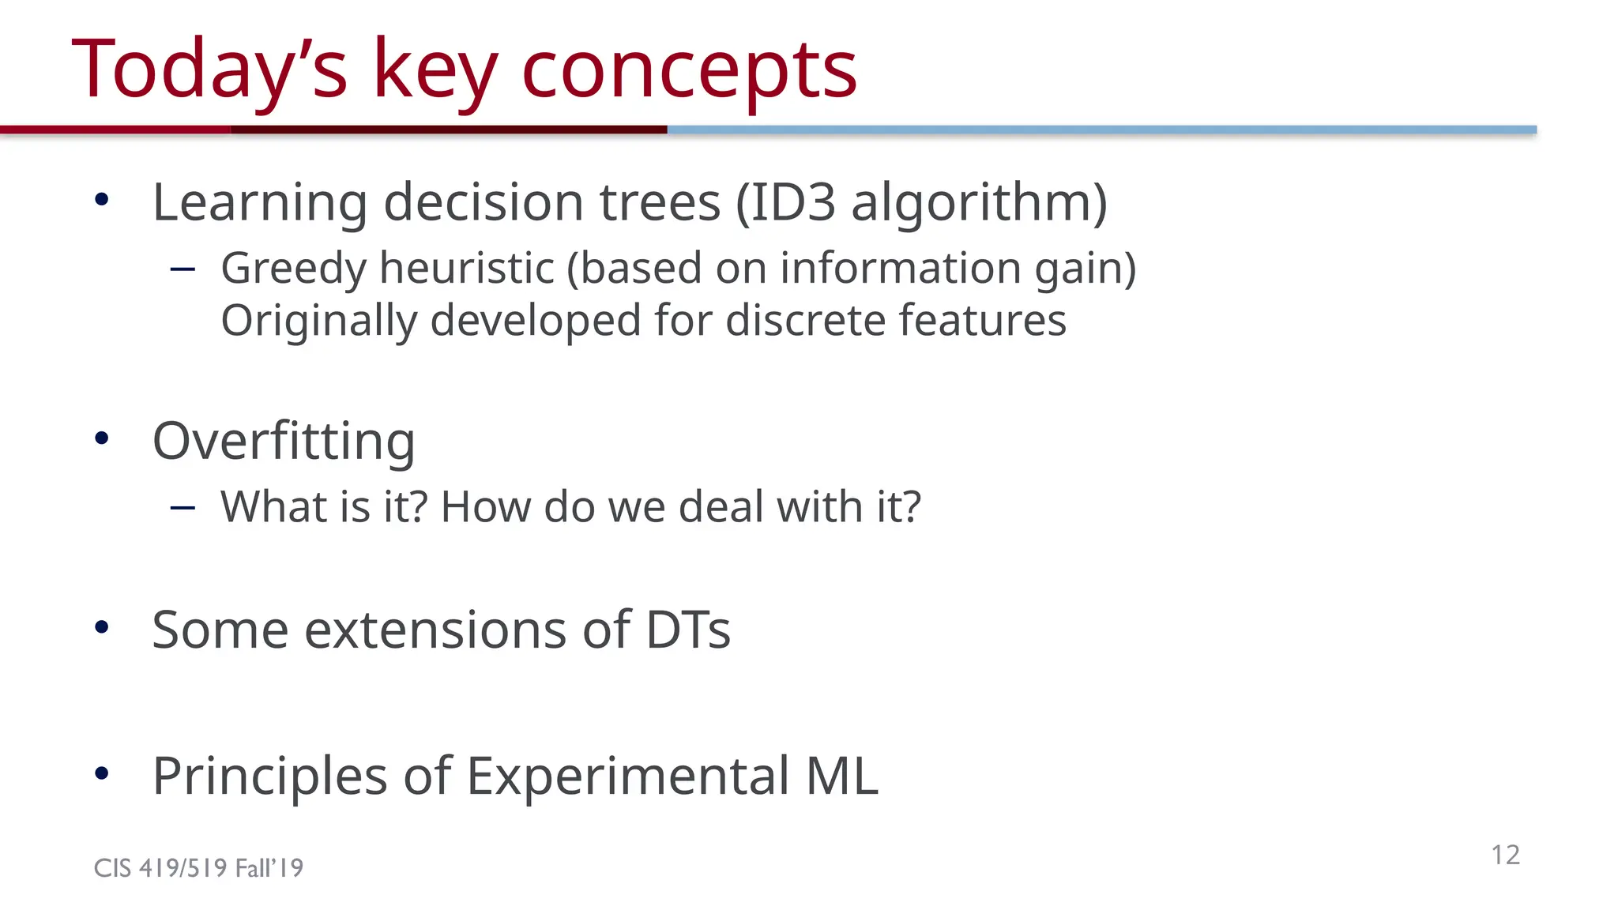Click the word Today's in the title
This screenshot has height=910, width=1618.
[209, 71]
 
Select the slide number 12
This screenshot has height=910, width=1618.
[1505, 855]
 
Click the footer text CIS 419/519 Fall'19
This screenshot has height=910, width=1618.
[198, 868]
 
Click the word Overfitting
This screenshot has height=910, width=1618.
[284, 441]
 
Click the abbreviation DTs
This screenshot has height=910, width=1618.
[687, 630]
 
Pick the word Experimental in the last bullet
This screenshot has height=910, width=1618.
[627, 776]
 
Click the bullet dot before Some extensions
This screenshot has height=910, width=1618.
[101, 627]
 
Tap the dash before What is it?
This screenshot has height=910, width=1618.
[182, 508]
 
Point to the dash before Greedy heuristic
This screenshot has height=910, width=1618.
[182, 269]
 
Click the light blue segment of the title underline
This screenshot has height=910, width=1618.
[1101, 130]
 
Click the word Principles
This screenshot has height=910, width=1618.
[269, 776]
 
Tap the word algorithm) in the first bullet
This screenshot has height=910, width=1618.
[979, 202]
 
